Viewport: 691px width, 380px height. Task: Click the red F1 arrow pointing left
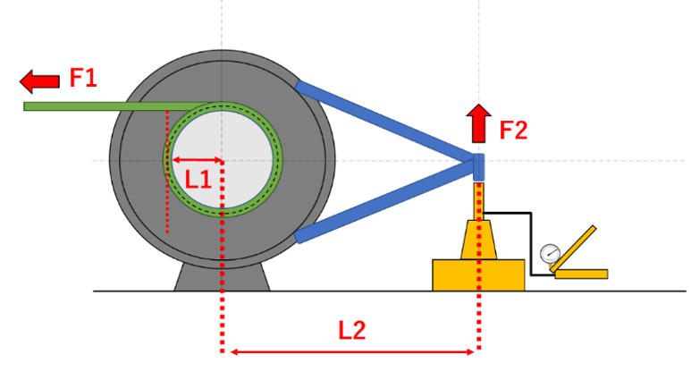39,81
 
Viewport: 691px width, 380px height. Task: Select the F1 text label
83,78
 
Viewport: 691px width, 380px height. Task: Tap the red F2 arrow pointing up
478,123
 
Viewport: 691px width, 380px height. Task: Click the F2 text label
513,131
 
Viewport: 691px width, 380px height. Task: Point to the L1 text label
198,180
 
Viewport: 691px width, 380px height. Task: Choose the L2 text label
351,330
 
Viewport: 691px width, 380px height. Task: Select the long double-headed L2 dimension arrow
352,351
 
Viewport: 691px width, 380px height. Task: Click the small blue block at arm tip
478,167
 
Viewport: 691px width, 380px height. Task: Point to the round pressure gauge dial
551,254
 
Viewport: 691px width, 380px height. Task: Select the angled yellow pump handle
573,249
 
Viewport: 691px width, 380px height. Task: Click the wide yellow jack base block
478,275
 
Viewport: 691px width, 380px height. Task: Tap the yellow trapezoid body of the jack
478,240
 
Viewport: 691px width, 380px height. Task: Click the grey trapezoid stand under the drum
222,278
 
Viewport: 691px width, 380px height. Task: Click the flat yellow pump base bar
581,274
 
